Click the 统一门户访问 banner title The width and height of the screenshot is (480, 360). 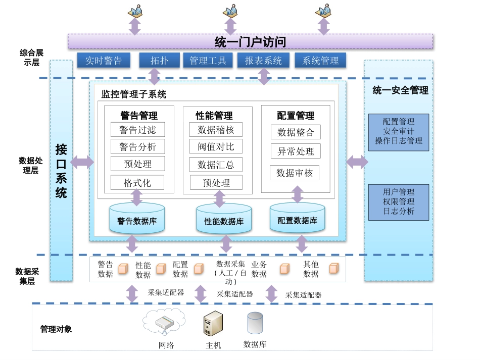coord(250,42)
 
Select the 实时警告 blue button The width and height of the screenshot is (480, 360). coord(104,61)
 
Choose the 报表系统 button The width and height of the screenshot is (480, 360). coord(263,61)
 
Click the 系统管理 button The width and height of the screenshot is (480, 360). coord(320,61)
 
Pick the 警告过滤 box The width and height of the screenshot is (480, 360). coord(137,130)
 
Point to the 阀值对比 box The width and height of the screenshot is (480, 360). coord(216,147)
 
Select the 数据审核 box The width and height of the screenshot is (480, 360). coord(295,173)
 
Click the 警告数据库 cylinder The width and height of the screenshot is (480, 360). coord(137,219)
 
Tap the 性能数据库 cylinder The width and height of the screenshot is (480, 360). coord(224,219)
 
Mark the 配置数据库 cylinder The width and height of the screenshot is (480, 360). coord(297,218)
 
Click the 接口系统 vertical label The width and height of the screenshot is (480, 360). coord(61,171)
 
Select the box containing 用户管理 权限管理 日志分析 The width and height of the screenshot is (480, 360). coord(398,202)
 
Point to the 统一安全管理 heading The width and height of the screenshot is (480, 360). coord(400,90)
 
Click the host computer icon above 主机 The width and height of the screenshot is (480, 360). coord(213,324)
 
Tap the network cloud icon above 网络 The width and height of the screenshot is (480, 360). coord(164,322)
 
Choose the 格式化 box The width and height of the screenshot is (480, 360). coord(137,183)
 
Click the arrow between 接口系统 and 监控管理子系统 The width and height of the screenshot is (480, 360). coord(82,162)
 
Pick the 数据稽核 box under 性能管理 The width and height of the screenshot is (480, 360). coord(216,130)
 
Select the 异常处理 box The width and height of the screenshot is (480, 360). coord(296,151)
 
